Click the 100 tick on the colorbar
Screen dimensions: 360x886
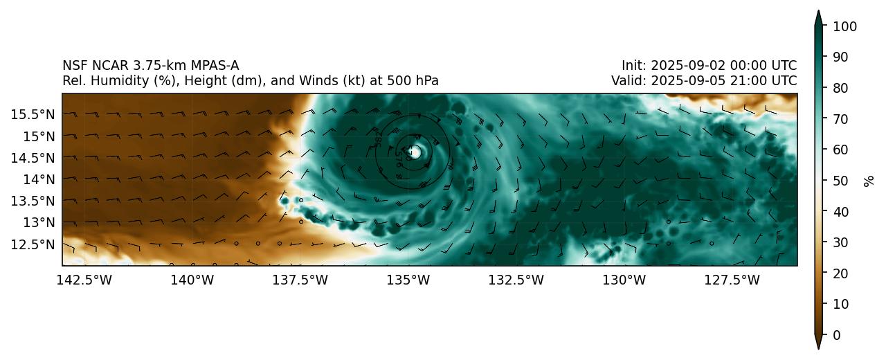(845, 26)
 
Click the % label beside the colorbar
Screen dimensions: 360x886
(869, 181)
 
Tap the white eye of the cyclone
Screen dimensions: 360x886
(415, 152)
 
